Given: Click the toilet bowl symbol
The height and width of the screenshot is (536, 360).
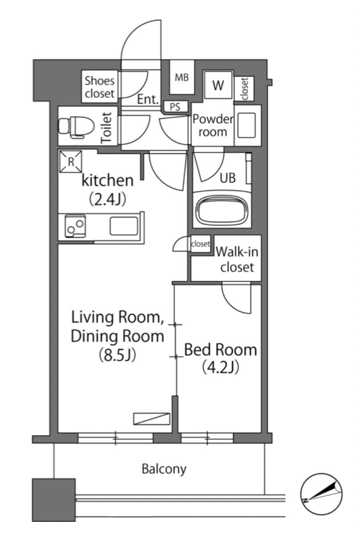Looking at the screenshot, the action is [76, 126].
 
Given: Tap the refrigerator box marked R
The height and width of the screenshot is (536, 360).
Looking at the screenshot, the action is [71, 162].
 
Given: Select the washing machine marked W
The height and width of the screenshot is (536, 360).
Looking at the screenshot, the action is [218, 85].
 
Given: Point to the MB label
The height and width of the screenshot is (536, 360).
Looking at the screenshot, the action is [182, 78].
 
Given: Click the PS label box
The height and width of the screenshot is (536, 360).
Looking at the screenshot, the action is [175, 107].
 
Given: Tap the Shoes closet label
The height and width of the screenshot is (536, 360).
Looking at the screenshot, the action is [100, 87].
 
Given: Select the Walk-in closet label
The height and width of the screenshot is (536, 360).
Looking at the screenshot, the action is [237, 259].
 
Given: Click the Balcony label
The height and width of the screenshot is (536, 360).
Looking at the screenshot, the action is [164, 469].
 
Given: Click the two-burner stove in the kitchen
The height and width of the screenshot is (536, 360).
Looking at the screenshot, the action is [75, 226].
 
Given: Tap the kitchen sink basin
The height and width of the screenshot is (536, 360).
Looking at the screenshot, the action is [124, 226].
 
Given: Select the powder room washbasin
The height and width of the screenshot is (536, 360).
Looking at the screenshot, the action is [247, 125].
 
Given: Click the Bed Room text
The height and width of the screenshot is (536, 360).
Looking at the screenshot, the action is [220, 350].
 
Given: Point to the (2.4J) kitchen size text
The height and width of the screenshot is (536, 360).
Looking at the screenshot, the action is [107, 200].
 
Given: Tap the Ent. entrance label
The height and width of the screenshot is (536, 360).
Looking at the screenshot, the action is [148, 100].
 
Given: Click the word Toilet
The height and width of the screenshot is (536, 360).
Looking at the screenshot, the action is [107, 127].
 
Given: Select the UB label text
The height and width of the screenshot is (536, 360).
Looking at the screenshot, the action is [228, 178].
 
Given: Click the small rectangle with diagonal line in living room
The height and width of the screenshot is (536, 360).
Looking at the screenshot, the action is [152, 419].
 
